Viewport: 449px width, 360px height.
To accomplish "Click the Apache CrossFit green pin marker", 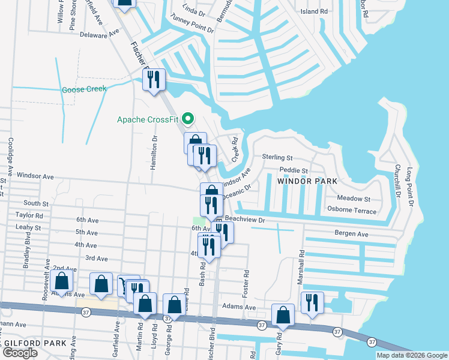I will (x=187, y=118).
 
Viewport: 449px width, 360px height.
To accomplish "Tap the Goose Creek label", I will (x=84, y=89).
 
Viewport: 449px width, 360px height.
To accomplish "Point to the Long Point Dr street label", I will (x=411, y=187).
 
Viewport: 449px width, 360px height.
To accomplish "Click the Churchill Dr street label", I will (x=397, y=181).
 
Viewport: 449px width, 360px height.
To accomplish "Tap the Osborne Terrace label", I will (x=352, y=211).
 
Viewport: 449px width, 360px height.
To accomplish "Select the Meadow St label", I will (x=354, y=199).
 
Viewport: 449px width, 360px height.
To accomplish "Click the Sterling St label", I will (x=277, y=158).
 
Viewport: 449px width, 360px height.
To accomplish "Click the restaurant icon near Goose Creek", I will (x=154, y=79).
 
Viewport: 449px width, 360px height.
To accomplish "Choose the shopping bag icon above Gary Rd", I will (x=283, y=315).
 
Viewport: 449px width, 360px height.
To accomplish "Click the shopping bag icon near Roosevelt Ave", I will (x=61, y=280).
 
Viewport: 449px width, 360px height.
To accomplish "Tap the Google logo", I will (x=20, y=353).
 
